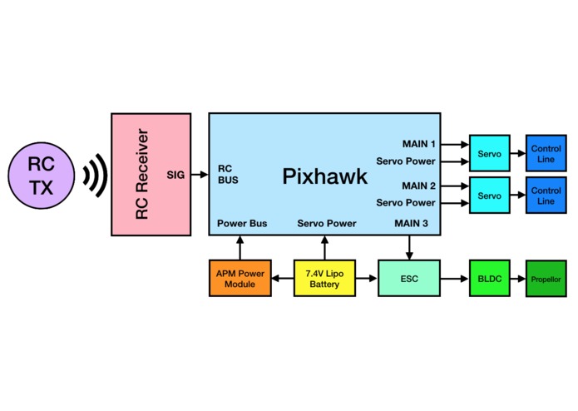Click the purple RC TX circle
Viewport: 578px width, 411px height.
(x=42, y=176)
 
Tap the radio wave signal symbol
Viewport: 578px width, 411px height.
(x=95, y=175)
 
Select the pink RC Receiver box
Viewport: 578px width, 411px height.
(x=151, y=175)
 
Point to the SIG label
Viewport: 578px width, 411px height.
(x=175, y=175)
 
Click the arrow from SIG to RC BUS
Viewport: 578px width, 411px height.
(x=200, y=175)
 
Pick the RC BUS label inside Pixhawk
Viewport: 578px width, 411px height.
(x=228, y=175)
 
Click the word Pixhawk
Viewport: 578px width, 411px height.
(x=324, y=176)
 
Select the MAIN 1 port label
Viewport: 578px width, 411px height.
(x=419, y=144)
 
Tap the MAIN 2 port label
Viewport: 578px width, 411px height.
(x=419, y=186)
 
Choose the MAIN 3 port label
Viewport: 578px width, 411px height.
(x=412, y=223)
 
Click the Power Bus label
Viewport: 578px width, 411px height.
(x=242, y=223)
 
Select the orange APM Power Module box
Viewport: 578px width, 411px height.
(x=240, y=279)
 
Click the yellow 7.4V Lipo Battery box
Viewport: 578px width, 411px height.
(x=324, y=279)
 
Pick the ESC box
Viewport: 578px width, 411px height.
(x=409, y=279)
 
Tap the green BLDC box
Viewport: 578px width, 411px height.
(x=490, y=279)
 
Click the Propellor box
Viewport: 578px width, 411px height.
(x=546, y=279)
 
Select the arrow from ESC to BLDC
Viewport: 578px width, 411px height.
(x=455, y=279)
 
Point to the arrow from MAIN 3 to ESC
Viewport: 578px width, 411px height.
(x=409, y=248)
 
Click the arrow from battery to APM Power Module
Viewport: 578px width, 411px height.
(x=283, y=279)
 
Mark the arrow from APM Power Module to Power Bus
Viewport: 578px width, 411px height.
(x=240, y=248)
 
